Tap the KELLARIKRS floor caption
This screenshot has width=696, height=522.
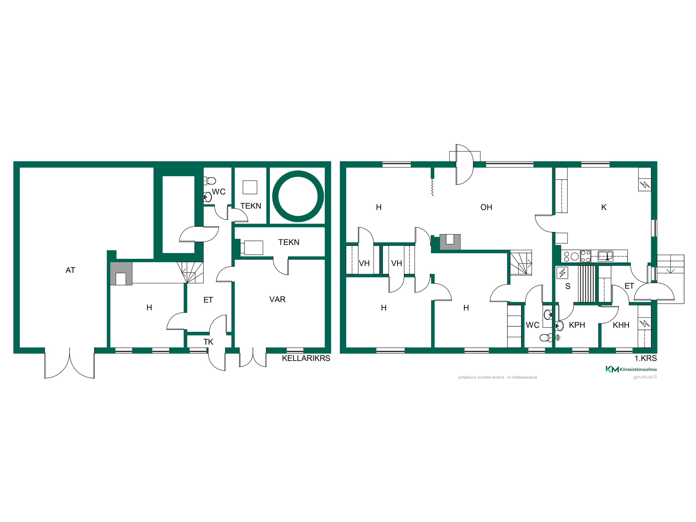point(306,358)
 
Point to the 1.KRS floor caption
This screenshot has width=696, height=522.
point(646,358)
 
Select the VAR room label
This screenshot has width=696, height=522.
point(277,299)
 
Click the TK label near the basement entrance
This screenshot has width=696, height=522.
point(208,342)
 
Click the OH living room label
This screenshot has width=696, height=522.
point(486,207)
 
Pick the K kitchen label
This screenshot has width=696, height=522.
point(603,207)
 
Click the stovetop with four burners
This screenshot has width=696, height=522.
point(586,256)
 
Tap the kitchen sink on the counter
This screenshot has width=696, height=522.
point(605,256)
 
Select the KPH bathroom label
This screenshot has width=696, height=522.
point(577,325)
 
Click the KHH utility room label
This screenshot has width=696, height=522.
point(621,325)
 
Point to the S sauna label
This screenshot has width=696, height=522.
point(568,286)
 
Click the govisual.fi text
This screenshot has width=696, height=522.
point(645,377)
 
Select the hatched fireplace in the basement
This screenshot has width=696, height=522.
point(121,274)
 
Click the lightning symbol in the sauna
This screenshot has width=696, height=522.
point(562,273)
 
